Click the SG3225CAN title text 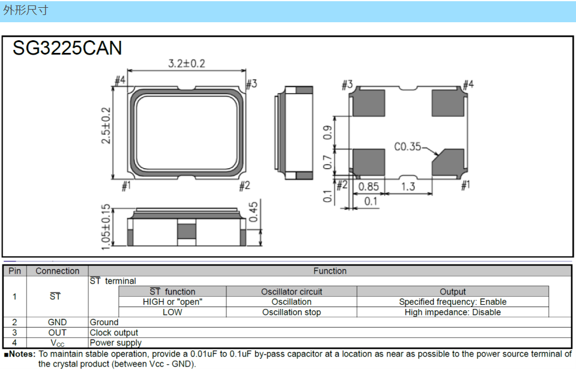(67, 48)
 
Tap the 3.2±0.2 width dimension (187, 64)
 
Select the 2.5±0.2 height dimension (106, 126)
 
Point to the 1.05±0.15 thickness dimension (106, 227)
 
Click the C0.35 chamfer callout (407, 147)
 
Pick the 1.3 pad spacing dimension (408, 187)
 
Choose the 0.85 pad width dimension (368, 187)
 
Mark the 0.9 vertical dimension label (327, 132)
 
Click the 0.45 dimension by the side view (253, 212)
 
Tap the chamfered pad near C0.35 (449, 162)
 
